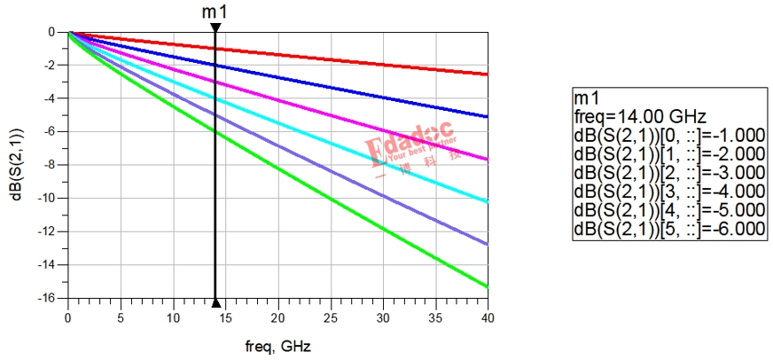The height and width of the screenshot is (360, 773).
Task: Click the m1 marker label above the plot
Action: tap(214, 11)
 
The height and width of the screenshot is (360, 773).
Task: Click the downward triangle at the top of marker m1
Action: tap(215, 27)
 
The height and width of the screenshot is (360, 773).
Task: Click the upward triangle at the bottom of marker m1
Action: tap(215, 301)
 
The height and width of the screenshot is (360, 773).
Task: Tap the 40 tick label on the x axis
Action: tap(487, 317)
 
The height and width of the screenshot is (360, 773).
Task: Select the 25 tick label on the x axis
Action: tap(330, 317)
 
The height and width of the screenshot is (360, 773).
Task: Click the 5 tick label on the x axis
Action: tap(121, 317)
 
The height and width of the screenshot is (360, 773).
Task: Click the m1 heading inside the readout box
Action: tap(586, 96)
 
